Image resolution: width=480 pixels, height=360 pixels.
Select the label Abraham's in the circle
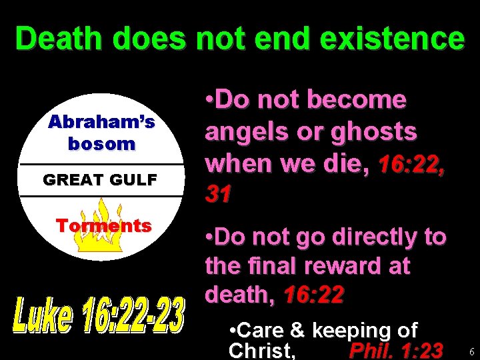tap(101, 122)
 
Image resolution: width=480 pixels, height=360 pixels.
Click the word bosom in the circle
tap(101, 143)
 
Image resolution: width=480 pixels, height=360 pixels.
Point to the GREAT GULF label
tap(100, 179)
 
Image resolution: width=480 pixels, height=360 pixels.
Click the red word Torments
tap(103, 225)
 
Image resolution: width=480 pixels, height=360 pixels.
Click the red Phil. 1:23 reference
tap(396, 350)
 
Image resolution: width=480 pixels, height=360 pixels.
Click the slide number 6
tap(471, 351)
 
